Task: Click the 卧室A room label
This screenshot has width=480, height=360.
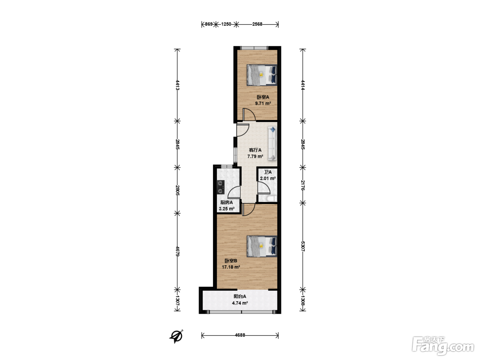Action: click(263, 97)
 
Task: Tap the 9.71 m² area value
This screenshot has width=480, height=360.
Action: click(263, 104)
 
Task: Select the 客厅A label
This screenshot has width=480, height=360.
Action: click(255, 150)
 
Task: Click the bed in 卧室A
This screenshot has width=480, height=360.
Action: click(262, 75)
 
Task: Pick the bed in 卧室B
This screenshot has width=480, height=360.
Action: click(262, 246)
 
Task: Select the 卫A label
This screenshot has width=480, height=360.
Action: click(268, 172)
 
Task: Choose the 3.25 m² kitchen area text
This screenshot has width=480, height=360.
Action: click(227, 209)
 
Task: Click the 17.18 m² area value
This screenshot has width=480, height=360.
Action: click(231, 267)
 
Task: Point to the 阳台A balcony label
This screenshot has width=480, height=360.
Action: click(240, 296)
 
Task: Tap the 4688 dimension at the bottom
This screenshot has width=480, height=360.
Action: click(240, 335)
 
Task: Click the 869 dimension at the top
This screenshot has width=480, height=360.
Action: click(208, 24)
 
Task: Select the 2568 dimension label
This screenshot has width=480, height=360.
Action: click(257, 24)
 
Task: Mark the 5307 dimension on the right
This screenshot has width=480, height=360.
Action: click(303, 246)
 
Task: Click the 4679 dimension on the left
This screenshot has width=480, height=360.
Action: click(178, 251)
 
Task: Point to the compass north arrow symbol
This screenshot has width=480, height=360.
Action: click(176, 337)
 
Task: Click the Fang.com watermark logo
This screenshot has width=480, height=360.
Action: click(443, 346)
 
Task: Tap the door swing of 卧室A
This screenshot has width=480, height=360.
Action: click(249, 114)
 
